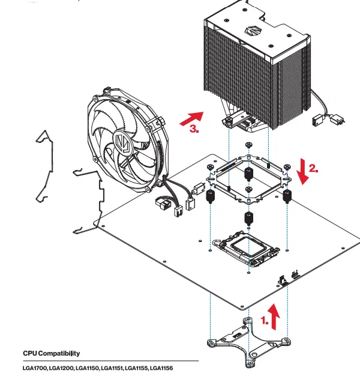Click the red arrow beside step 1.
click(274, 317)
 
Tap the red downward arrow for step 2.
click(304, 170)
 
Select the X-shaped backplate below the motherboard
click(247, 340)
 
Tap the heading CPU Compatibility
click(51, 353)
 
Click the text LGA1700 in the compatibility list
click(35, 367)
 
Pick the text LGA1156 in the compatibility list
click(161, 367)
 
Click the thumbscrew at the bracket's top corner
click(248, 145)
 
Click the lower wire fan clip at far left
click(87, 198)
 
